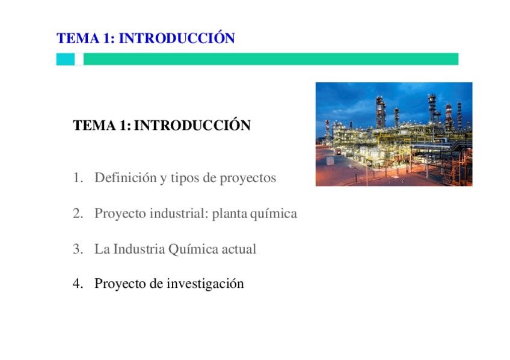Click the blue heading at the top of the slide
click(x=146, y=39)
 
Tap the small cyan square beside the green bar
click(x=66, y=59)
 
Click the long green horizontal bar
click(x=271, y=59)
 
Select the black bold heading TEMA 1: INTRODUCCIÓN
click(x=161, y=126)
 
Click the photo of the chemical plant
click(x=394, y=134)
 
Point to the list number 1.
click(x=76, y=178)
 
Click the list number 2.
click(x=76, y=214)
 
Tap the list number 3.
click(x=76, y=249)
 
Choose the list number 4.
click(x=76, y=284)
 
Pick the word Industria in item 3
click(x=139, y=249)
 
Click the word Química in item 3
click(x=193, y=249)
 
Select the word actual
click(x=239, y=249)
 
